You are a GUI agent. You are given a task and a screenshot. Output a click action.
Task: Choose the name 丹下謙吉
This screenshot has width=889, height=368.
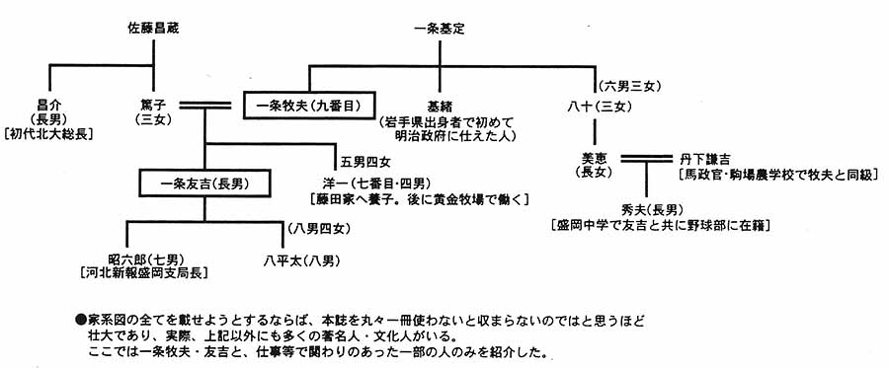(705, 158)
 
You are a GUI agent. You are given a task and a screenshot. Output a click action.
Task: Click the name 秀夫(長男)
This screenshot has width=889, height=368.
(648, 209)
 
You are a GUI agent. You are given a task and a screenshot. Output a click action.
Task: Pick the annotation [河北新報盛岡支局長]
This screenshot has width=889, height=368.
(142, 267)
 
